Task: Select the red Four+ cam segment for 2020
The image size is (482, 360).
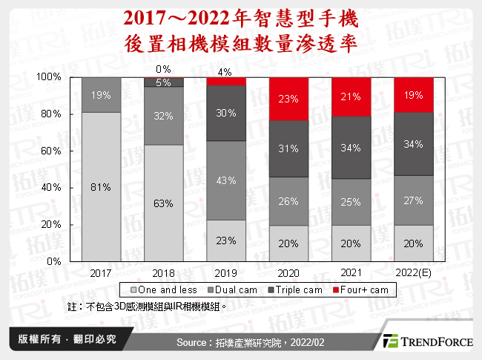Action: pyautogui.click(x=289, y=98)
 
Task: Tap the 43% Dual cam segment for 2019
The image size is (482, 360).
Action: pyautogui.click(x=227, y=180)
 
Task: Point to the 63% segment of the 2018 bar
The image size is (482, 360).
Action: pyautogui.click(x=164, y=203)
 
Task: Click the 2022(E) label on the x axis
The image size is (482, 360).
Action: pyautogui.click(x=415, y=273)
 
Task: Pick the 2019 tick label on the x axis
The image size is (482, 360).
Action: pyautogui.click(x=227, y=273)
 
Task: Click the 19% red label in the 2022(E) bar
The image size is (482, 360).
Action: pyautogui.click(x=415, y=94)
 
